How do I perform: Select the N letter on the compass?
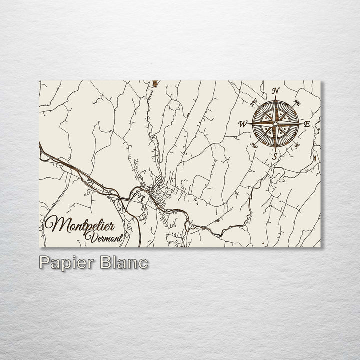pyautogui.click(x=275, y=91)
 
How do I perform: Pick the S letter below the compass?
pyautogui.click(x=274, y=157)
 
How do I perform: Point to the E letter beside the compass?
pyautogui.click(x=307, y=124)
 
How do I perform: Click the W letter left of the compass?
pyautogui.click(x=243, y=124)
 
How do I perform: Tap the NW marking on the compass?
pyautogui.click(x=253, y=104)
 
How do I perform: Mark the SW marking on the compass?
pyautogui.click(x=254, y=145)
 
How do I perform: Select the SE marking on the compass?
pyautogui.click(x=297, y=145)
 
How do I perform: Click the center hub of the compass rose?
pyautogui.click(x=275, y=123)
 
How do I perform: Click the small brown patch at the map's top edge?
pyautogui.click(x=156, y=83)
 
